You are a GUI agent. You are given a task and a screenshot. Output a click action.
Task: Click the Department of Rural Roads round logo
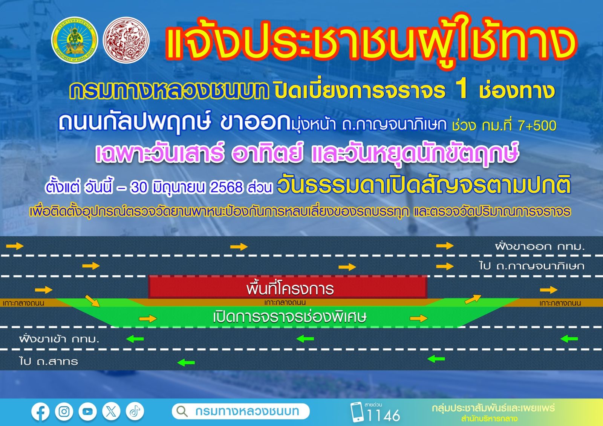(x=75, y=40)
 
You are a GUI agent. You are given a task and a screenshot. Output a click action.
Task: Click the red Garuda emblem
(x=126, y=40)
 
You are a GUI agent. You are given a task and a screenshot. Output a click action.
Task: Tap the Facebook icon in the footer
(x=40, y=412)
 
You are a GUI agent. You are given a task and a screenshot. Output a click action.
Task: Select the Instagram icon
(x=64, y=412)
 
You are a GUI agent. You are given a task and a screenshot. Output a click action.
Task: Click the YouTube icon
(x=87, y=412)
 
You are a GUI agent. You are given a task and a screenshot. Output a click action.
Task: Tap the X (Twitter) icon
(x=111, y=412)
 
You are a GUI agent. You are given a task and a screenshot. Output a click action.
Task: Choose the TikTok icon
(x=135, y=412)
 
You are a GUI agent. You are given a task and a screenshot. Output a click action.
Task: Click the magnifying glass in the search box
(x=182, y=411)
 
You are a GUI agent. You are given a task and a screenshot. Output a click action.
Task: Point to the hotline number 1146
(x=383, y=416)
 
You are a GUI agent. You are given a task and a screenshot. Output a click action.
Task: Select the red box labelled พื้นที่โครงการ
(x=288, y=287)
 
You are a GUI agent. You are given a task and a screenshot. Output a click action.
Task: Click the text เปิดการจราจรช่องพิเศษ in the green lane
(x=290, y=317)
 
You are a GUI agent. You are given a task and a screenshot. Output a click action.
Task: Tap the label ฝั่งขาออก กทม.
(x=539, y=246)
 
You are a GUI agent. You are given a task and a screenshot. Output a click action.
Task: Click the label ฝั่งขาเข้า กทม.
(x=59, y=339)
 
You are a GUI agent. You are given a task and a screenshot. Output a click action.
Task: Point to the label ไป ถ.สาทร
(x=49, y=361)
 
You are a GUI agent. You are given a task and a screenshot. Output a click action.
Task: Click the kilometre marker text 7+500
(x=537, y=126)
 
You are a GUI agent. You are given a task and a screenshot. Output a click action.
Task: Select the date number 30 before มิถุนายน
(x=139, y=188)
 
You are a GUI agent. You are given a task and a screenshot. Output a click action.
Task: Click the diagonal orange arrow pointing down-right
(x=92, y=301)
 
